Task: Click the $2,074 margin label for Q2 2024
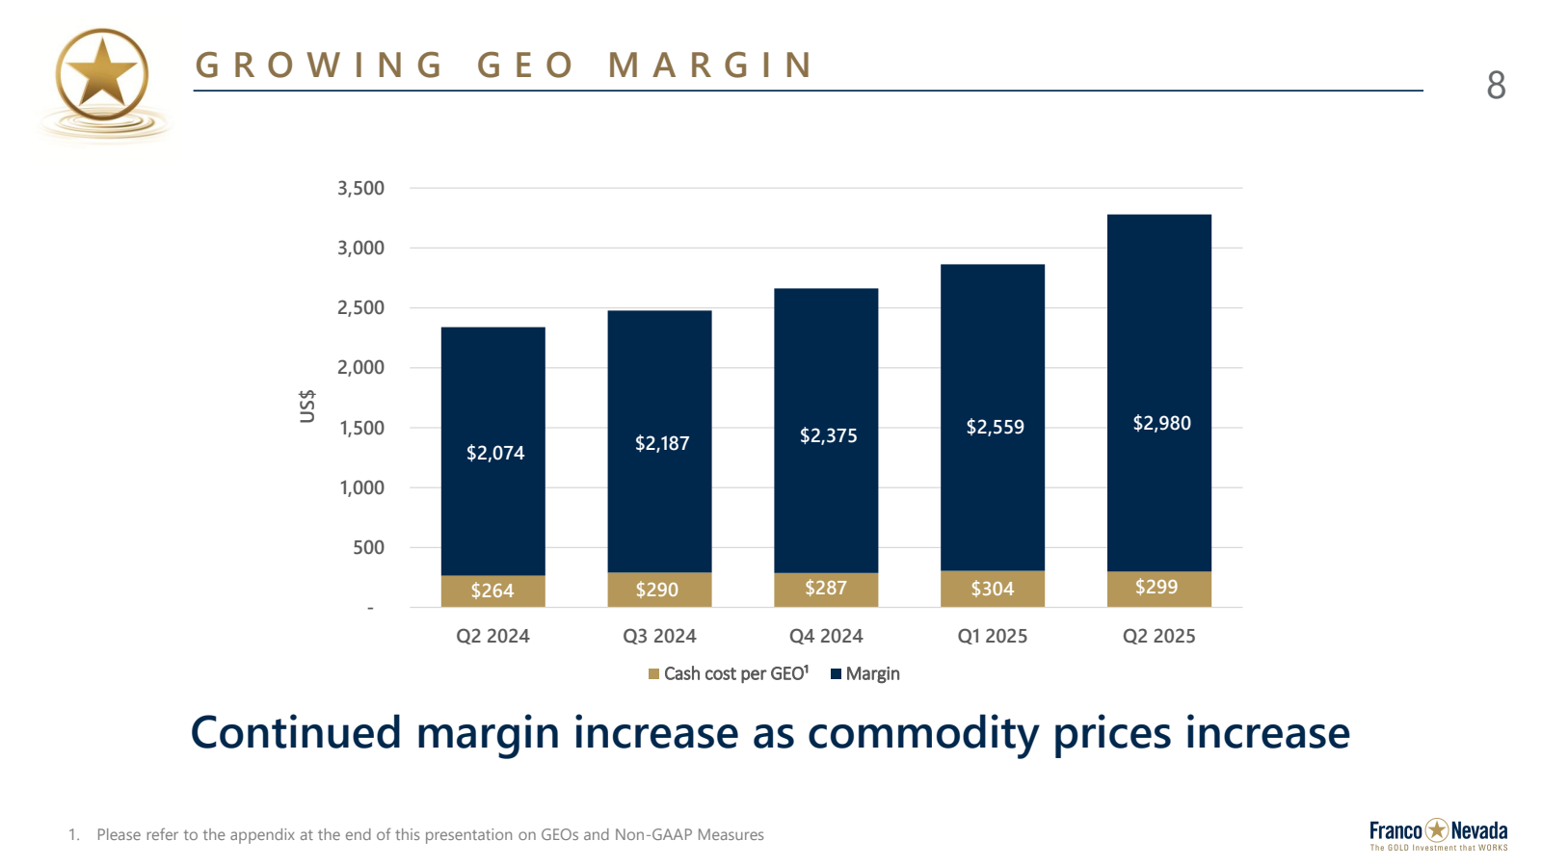click(495, 453)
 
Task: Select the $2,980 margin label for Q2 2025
click(1161, 423)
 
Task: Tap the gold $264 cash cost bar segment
click(492, 591)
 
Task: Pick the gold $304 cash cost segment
click(993, 589)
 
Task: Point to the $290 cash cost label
click(657, 590)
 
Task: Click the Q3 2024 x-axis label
click(659, 636)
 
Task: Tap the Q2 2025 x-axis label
click(1158, 636)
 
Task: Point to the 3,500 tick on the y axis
click(360, 188)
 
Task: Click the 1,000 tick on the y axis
click(361, 487)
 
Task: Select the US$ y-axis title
click(307, 406)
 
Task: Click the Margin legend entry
click(865, 674)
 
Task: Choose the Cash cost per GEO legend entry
click(729, 674)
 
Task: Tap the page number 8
click(1496, 86)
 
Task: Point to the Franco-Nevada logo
click(1438, 833)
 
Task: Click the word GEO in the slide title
click(525, 66)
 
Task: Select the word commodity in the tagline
click(923, 733)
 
